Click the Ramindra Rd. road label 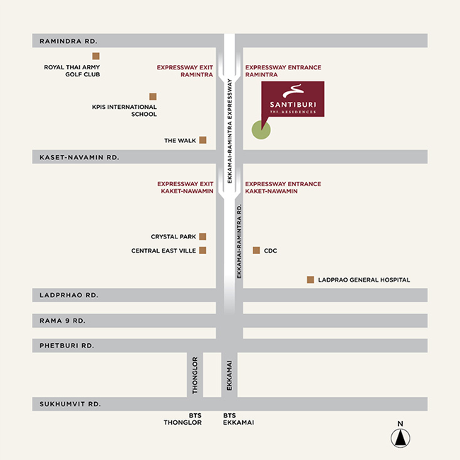[x=69, y=41]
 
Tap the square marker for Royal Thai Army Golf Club [x=96, y=56]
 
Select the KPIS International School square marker [x=153, y=96]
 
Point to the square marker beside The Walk [x=203, y=140]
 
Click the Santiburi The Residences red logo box [x=293, y=99]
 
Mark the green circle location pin [x=261, y=130]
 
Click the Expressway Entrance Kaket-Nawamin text [x=283, y=188]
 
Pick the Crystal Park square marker [x=202, y=236]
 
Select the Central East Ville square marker [x=202, y=251]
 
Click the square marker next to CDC [x=256, y=251]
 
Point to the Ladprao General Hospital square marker [x=310, y=280]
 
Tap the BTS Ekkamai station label [x=238, y=419]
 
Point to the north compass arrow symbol [x=400, y=437]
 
